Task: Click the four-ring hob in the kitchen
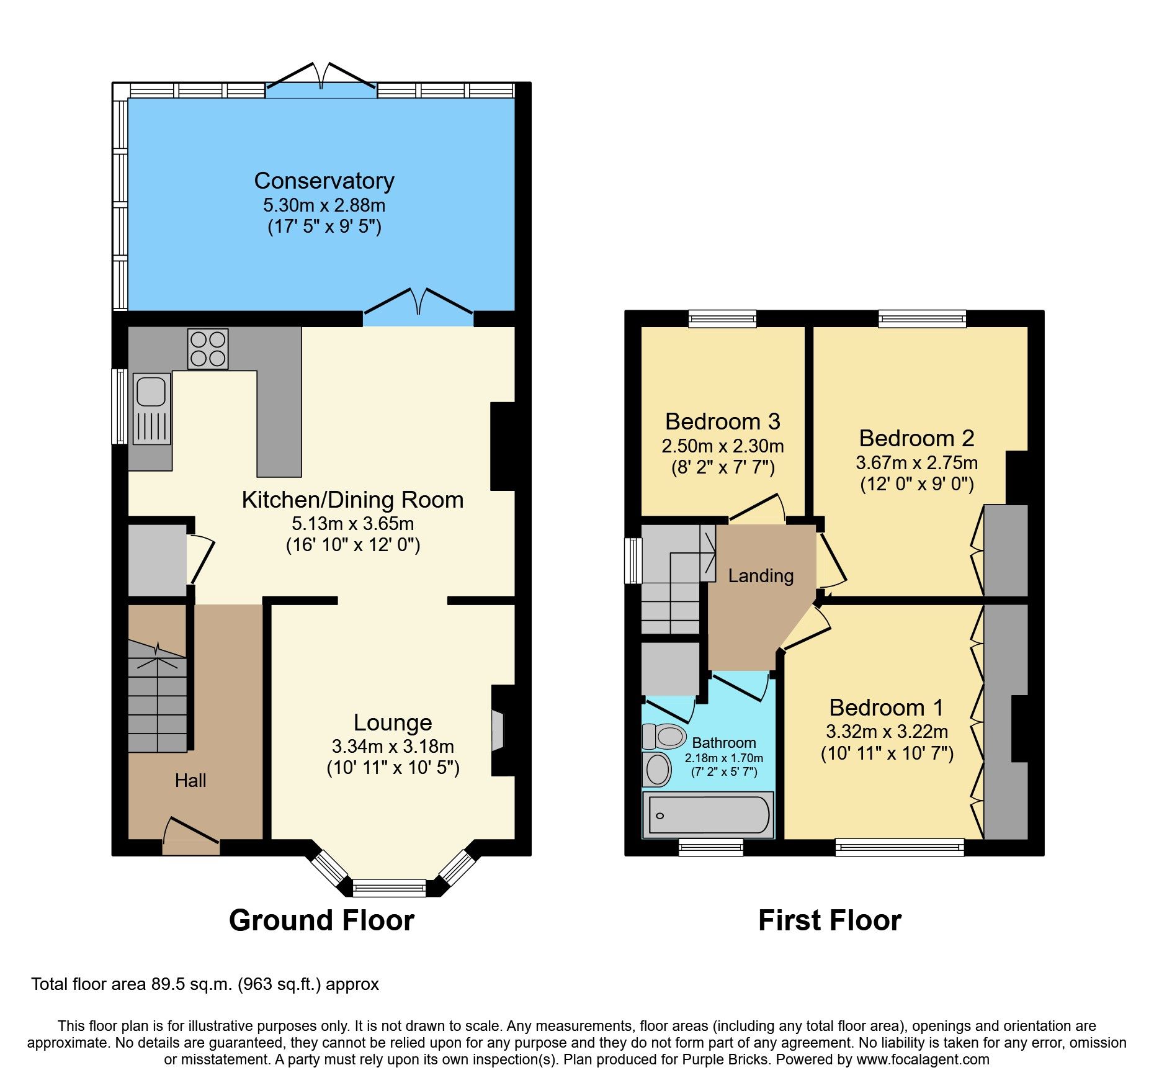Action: tap(208, 349)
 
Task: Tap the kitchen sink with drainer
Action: tap(151, 408)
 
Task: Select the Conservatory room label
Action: tap(324, 181)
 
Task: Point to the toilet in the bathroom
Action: tap(664, 737)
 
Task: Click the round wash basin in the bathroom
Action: tap(658, 770)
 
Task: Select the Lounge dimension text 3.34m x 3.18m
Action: tap(393, 746)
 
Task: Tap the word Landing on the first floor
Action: tap(761, 576)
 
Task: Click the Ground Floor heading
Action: tap(321, 920)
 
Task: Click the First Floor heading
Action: tap(830, 920)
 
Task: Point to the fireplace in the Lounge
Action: tap(499, 730)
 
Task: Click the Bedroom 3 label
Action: tap(722, 421)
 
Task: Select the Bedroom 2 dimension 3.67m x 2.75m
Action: tap(916, 463)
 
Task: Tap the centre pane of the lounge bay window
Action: tap(389, 888)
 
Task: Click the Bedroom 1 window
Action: tap(899, 847)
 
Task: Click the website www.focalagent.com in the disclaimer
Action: tap(923, 1059)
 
